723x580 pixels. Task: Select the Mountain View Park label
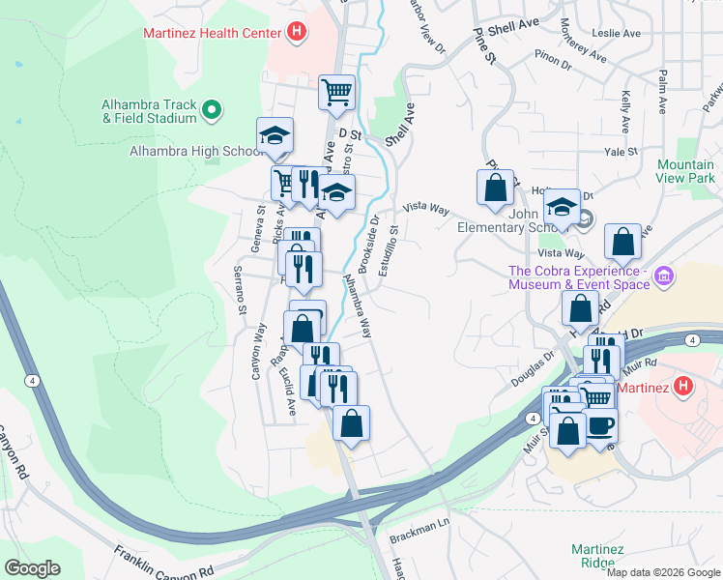pyautogui.click(x=685, y=172)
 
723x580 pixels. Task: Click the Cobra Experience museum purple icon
pyautogui.click(x=664, y=277)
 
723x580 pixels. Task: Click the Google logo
pyautogui.click(x=32, y=568)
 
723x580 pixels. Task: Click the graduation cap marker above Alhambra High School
pyautogui.click(x=275, y=135)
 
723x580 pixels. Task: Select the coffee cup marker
pyautogui.click(x=600, y=424)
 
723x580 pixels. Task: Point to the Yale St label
pyautogui.click(x=618, y=152)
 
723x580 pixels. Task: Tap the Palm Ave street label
pyautogui.click(x=663, y=88)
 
